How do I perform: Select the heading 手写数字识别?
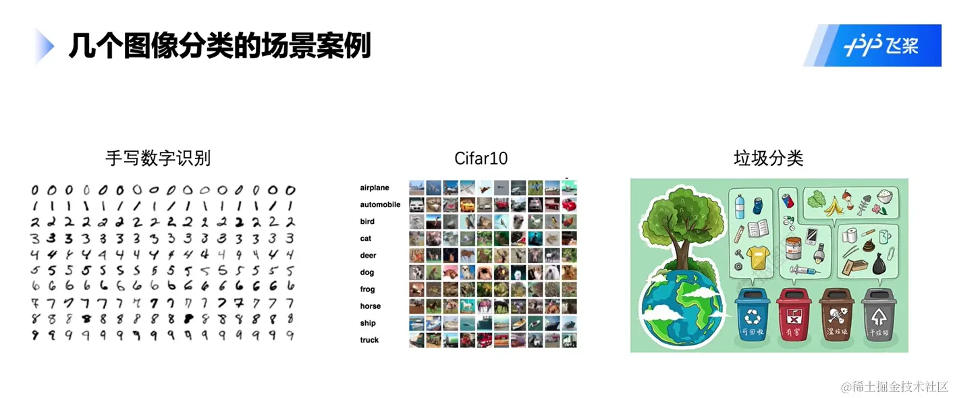coord(158,159)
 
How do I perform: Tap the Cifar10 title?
coord(481,159)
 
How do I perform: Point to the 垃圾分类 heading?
coord(768,159)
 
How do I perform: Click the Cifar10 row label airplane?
coord(375,188)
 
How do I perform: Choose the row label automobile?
coord(380,204)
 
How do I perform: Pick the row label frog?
coord(367,289)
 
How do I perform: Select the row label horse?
coord(370,306)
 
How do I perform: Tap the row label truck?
coord(369,340)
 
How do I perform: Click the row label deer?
coord(368,256)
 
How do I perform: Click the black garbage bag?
coord(878,265)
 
